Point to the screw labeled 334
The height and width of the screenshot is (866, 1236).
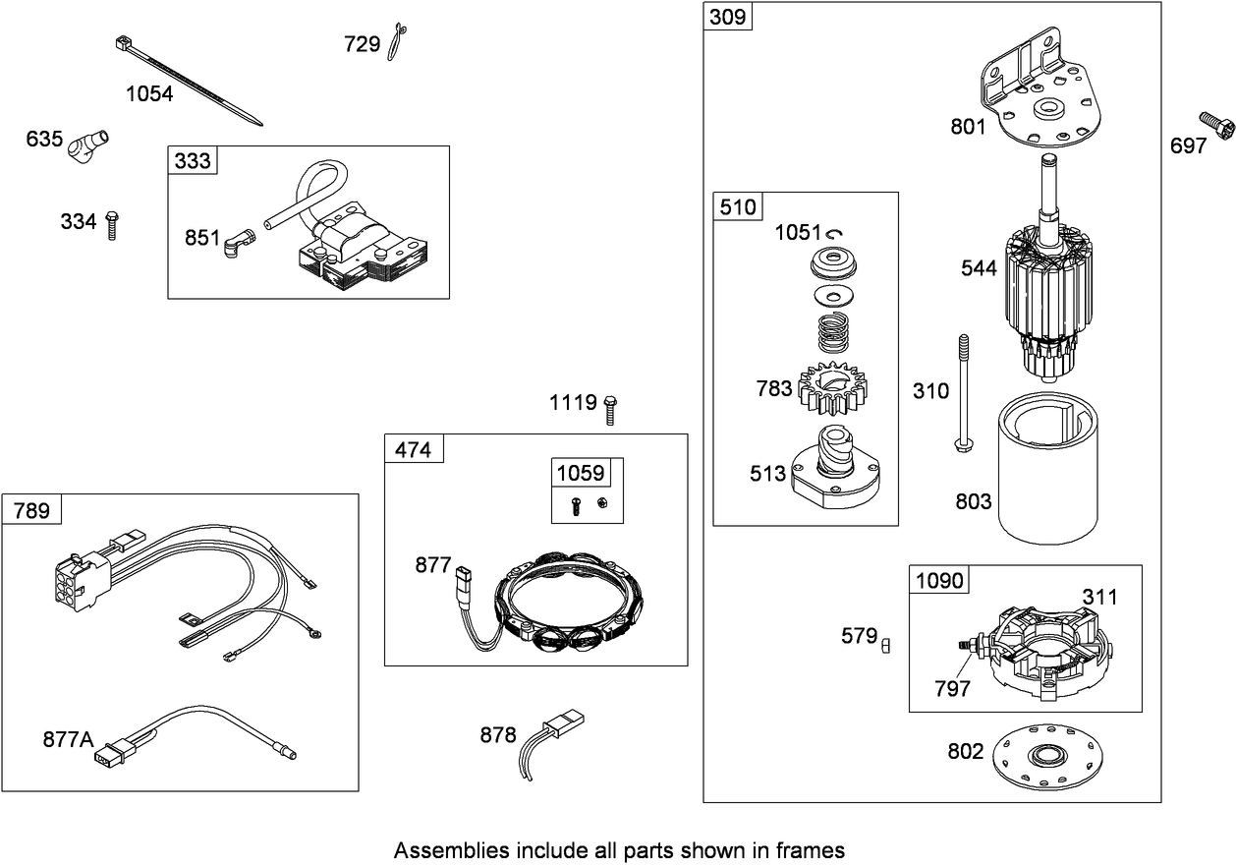[x=112, y=225]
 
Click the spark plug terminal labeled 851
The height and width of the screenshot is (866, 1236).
[x=238, y=240]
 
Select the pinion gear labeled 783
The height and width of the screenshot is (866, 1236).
[x=830, y=389]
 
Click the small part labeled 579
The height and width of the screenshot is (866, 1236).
[x=886, y=645]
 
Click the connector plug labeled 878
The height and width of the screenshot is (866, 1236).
[x=555, y=732]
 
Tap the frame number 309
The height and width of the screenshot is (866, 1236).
[x=728, y=17]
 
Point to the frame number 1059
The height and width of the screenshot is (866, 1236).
[x=579, y=473]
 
